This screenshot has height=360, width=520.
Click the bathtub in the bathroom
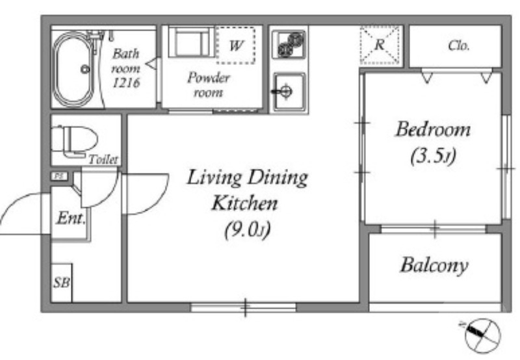pos(73,70)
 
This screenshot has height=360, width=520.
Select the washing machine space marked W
pos(236,45)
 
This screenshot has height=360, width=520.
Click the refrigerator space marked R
pos(380,45)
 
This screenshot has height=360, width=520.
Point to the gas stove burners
pos(288,44)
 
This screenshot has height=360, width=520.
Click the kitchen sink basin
pos(289,92)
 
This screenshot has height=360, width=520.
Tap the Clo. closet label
pos(459,45)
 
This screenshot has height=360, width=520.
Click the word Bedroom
pos(433,129)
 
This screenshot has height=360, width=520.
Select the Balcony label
pos(434,265)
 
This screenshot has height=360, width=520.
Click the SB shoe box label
pos(62,283)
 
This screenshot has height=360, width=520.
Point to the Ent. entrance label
pos(71,218)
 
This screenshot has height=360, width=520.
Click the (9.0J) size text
pos(247,229)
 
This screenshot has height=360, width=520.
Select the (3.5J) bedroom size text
pos(433,156)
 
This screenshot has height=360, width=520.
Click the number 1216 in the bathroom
pos(126,83)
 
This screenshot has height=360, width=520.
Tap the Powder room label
pos(209,85)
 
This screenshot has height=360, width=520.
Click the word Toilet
pos(103,159)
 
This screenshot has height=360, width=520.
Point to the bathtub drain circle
pos(85,70)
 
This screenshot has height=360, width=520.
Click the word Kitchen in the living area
pos(245,203)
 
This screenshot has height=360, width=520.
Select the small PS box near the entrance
pos(60,176)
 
